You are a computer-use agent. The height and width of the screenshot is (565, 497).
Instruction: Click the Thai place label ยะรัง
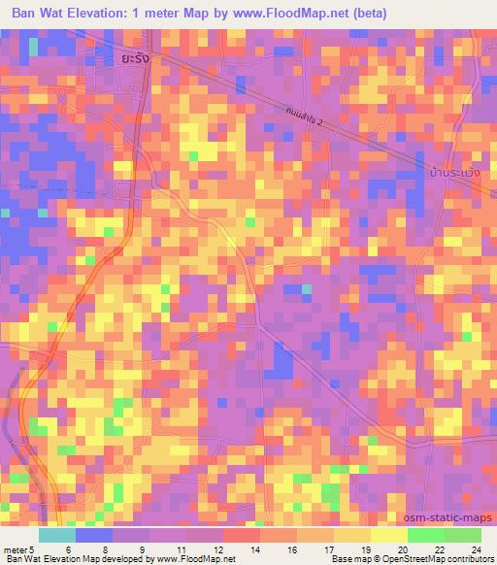(x=137, y=58)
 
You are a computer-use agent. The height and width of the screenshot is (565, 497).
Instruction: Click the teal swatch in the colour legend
(x=57, y=535)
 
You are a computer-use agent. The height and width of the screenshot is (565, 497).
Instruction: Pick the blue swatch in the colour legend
(x=94, y=535)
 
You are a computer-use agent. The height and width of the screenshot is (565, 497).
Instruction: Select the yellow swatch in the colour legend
(x=388, y=535)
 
